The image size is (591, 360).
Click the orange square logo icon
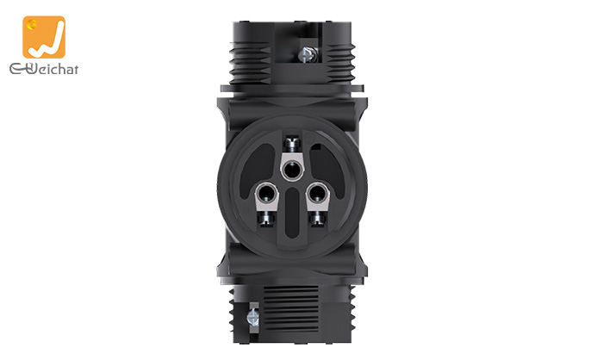pos(44,37)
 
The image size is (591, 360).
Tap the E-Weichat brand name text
pos(44,69)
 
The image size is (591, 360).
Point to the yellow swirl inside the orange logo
pos(33,24)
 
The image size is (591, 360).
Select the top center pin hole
pos(292,170)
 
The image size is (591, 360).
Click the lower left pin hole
pos(266,194)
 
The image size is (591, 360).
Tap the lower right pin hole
pos(318,194)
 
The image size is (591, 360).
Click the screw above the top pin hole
pos(291,143)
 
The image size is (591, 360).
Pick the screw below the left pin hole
pos(266,218)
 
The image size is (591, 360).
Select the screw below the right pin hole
pos(319,218)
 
